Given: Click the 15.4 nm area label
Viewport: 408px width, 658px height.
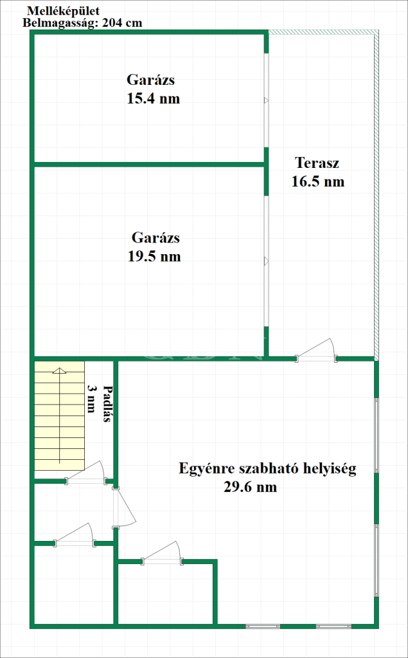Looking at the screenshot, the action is [x=153, y=98].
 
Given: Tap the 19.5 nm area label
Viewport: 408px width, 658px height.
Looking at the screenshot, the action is [x=154, y=257].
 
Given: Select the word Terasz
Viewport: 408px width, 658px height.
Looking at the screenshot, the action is [x=317, y=162].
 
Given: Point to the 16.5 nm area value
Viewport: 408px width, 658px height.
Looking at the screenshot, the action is [x=318, y=181].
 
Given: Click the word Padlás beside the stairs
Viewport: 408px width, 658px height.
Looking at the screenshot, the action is [x=107, y=403].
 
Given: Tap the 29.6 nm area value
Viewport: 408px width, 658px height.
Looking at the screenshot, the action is [x=251, y=487].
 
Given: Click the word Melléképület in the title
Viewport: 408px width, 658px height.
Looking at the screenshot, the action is [x=64, y=12].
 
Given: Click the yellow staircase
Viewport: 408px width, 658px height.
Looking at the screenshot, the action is [x=59, y=416].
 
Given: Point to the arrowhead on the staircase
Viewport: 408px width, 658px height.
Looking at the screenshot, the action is [x=60, y=370].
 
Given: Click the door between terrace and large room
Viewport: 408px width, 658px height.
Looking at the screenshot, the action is [x=317, y=349].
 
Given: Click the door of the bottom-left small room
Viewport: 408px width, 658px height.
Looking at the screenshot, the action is [x=75, y=535].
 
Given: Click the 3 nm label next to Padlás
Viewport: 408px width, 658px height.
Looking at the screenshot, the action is [x=91, y=399].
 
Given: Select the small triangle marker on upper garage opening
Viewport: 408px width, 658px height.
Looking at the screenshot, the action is [x=265, y=100].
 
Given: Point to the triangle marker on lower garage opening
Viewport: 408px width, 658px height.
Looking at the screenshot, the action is [x=265, y=261].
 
